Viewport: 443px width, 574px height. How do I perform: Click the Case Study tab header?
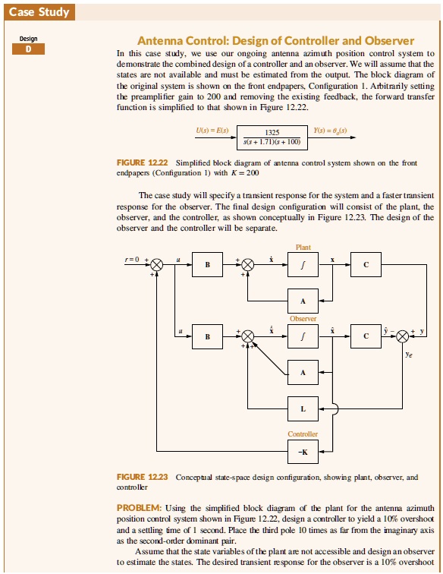pos(38,11)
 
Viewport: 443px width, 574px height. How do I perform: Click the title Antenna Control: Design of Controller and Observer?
pos(274,41)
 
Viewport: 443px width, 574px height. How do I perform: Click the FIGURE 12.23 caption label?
pos(143,477)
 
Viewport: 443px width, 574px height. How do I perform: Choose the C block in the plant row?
pos(366,264)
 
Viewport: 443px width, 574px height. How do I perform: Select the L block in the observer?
pos(303,409)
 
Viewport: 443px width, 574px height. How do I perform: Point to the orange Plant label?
pos(303,247)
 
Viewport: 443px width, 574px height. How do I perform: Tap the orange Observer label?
pos(303,319)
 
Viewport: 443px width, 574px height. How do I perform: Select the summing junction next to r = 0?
pos(156,264)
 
